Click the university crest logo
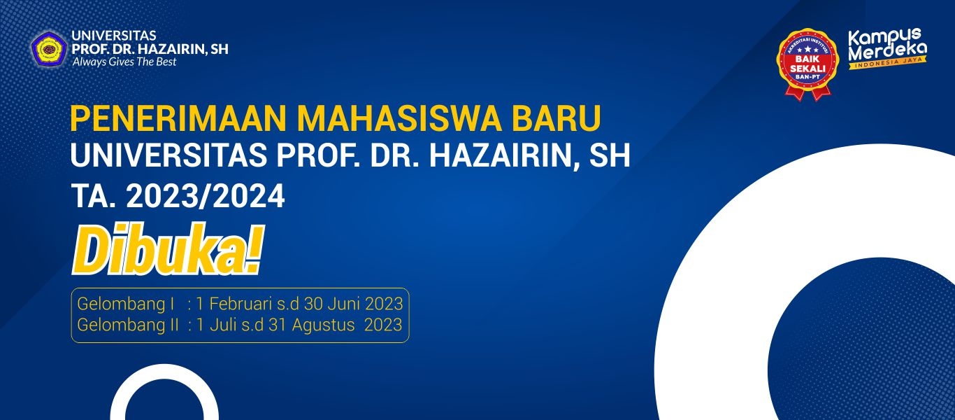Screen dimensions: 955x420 48,48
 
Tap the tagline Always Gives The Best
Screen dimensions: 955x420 124,62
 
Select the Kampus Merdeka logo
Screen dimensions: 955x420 888,49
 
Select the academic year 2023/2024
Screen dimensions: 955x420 206,196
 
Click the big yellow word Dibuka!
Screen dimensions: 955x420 168,249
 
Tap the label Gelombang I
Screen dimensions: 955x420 126,304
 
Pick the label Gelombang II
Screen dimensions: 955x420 128,325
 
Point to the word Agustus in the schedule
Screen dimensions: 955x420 323,325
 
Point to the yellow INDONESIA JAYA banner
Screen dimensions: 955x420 888,63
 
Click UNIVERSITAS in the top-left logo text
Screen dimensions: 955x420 114,36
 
